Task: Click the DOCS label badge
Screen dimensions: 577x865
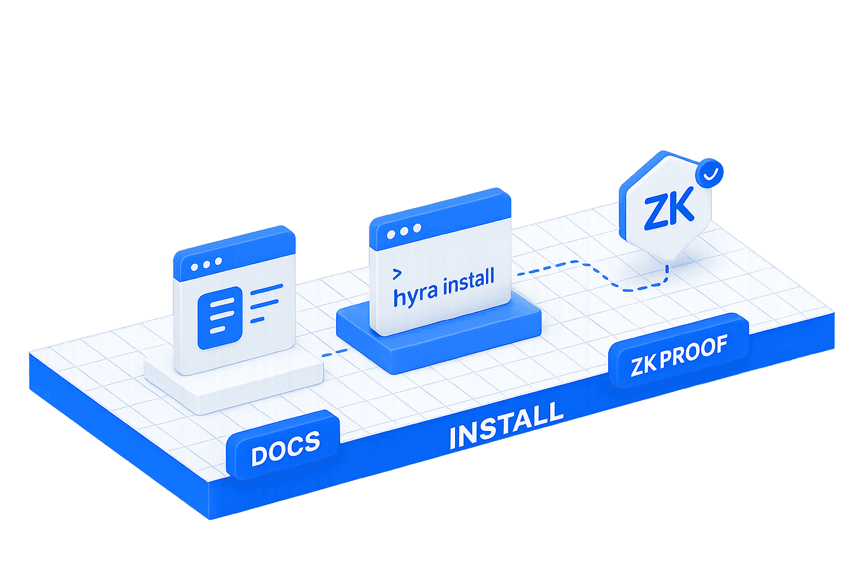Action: tap(283, 445)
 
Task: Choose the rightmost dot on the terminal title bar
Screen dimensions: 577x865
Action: tap(417, 228)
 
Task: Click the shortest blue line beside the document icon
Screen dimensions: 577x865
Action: tap(257, 320)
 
